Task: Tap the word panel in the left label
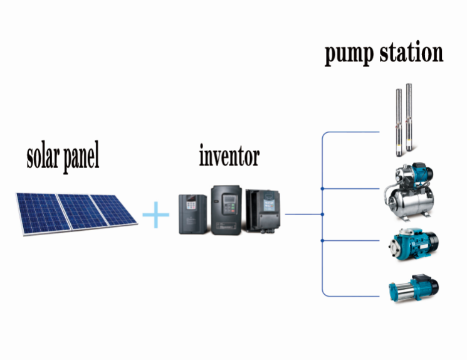pos(81,157)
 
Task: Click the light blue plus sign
pos(156,214)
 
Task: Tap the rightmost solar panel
pos(115,209)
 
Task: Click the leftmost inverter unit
pos(192,214)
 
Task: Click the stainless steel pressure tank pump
pos(411,192)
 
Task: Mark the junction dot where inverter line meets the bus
pos(322,214)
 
